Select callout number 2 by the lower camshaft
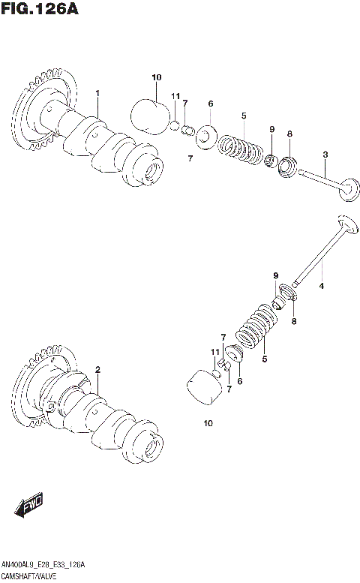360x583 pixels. coord(97,370)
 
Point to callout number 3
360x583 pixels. coord(325,155)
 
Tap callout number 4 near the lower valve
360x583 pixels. coord(322,286)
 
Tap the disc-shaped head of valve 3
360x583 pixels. coord(347,191)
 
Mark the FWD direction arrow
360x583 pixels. coord(29,509)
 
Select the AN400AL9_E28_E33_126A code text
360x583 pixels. coord(44,563)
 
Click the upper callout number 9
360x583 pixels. coord(272,129)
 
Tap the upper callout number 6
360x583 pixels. coord(211,103)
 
